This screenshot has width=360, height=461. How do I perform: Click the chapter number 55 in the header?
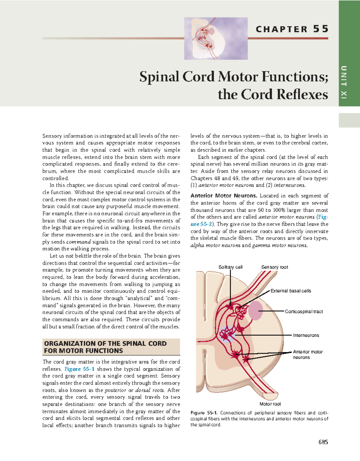[321, 29]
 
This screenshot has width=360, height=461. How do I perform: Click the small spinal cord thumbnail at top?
[216, 38]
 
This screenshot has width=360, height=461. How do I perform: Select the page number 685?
[323, 442]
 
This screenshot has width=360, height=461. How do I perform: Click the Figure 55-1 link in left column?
[79, 369]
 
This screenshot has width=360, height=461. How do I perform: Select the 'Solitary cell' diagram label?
[230, 267]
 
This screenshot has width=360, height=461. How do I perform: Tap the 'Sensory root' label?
[274, 267]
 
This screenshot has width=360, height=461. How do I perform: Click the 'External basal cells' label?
[291, 291]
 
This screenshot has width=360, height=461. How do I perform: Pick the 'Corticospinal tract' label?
[304, 312]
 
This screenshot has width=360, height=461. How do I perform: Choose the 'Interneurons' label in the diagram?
[306, 335]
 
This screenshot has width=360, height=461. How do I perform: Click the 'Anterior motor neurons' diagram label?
[307, 354]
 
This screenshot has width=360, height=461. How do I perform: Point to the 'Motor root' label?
[270, 404]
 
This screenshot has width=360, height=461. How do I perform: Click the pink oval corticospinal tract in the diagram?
[255, 310]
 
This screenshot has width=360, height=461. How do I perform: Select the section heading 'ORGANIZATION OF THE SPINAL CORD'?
[105, 343]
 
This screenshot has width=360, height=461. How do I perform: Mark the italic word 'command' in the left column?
[79, 242]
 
